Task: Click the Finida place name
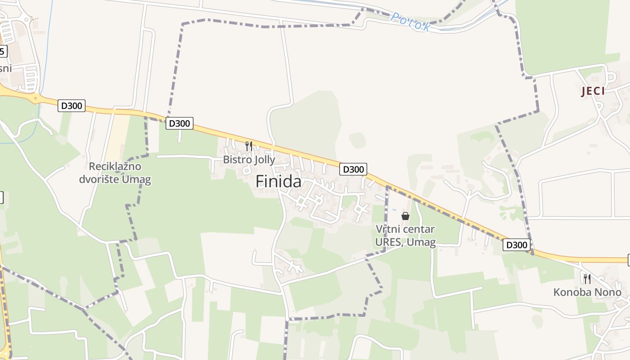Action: coord(279,181)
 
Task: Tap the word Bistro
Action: coord(236,160)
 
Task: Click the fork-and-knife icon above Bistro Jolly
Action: coord(248,146)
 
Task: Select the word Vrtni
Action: coord(387,229)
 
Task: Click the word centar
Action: coord(418,229)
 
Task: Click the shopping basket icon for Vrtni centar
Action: coord(405,216)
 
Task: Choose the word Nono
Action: coord(609,292)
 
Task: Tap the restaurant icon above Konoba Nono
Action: coord(587,279)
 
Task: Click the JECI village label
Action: coord(593,91)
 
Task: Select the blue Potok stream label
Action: coord(410,22)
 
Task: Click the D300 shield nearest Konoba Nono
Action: coord(517,245)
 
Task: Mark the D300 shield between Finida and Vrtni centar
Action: coord(353,169)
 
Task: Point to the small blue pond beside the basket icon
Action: coord(395,210)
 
